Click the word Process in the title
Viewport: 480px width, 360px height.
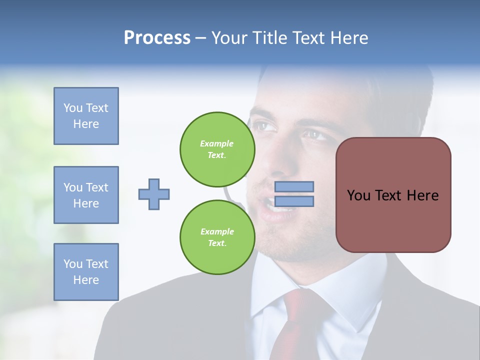coord(157,38)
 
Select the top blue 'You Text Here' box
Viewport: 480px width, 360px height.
coord(86,116)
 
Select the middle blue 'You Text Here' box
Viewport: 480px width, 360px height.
coord(86,195)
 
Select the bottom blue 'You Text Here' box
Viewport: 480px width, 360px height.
coord(86,272)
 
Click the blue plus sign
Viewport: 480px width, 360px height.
coord(154,194)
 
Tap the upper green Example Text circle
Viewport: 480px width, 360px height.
coord(217,149)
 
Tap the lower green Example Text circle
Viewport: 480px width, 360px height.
coord(217,237)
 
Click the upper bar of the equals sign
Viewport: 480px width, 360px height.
coord(294,186)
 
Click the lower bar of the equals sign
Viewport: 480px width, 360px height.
coord(294,201)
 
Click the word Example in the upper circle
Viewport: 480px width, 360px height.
coord(216,143)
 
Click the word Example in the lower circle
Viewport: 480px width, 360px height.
coord(217,231)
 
